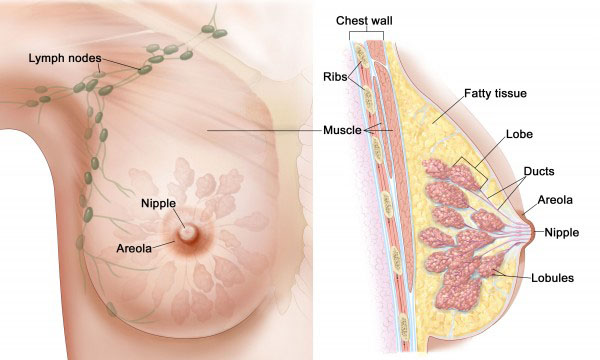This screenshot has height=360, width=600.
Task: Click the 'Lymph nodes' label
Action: [x=65, y=59]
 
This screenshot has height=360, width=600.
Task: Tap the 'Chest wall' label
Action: [x=364, y=21]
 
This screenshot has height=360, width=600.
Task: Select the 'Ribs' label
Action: [x=335, y=77]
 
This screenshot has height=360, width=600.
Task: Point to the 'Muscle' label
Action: [x=342, y=130]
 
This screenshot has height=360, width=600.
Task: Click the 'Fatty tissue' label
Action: [x=495, y=94]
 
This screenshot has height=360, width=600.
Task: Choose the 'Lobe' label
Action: [x=519, y=134]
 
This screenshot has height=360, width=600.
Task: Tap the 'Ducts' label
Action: [x=539, y=171]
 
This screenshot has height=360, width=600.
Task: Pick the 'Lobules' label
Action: [x=552, y=278]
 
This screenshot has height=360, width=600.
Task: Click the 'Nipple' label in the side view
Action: [x=561, y=233]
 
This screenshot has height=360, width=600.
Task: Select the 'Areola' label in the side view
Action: [x=555, y=200]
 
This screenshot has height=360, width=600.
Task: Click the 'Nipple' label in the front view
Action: [x=158, y=204]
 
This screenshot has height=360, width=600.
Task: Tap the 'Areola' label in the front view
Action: [x=134, y=248]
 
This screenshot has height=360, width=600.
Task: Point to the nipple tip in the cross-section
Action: [x=534, y=232]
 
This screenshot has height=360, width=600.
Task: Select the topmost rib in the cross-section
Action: [x=360, y=55]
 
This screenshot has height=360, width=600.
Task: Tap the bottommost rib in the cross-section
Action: [x=404, y=327]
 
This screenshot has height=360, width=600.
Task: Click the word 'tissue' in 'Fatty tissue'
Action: [x=510, y=94]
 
